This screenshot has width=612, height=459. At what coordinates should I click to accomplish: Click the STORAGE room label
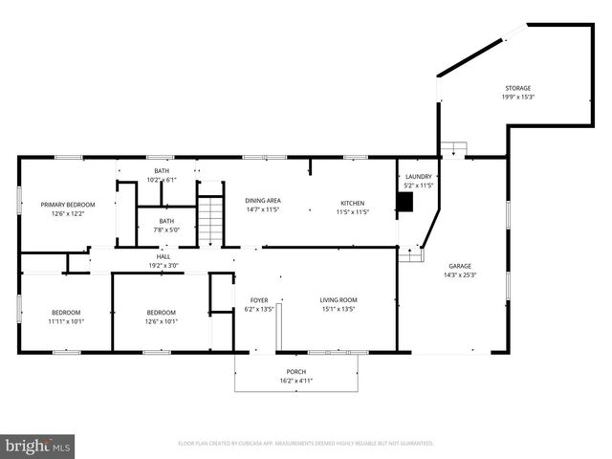pos(518,88)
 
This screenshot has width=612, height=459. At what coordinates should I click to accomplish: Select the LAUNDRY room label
pos(419,176)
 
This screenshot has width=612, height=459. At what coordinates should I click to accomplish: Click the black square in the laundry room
pos(405,202)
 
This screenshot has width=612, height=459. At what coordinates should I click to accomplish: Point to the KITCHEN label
pos(353,203)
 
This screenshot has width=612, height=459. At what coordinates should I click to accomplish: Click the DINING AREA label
pos(262,203)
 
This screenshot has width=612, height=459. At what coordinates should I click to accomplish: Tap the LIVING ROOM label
pos(338,300)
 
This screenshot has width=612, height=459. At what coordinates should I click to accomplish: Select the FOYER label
pos(259,300)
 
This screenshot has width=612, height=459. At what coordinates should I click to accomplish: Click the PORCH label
pos(296,372)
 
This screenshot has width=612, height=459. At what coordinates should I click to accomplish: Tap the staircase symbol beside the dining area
pos(209,221)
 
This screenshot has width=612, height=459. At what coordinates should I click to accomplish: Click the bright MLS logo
pos(38,446)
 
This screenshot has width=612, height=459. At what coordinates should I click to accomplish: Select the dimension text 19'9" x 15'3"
pos(518,97)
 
